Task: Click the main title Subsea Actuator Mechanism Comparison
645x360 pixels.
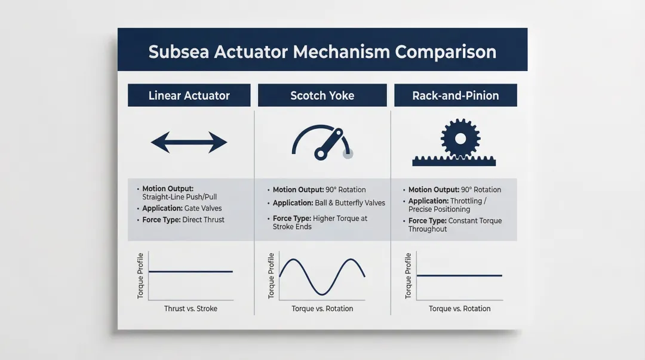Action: pyautogui.click(x=322, y=51)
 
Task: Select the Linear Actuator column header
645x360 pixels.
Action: pyautogui.click(x=189, y=96)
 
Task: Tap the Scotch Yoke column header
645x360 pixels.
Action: pyautogui.click(x=322, y=96)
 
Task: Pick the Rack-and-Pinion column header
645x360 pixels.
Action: pyautogui.click(x=455, y=96)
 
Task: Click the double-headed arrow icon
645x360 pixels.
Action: pyautogui.click(x=189, y=143)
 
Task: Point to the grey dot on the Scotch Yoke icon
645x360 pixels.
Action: pyautogui.click(x=348, y=153)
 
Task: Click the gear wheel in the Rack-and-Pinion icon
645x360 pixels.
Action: pyautogui.click(x=459, y=139)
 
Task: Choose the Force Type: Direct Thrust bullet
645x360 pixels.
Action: pyautogui.click(x=183, y=220)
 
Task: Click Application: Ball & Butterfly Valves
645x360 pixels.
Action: pyautogui.click(x=328, y=203)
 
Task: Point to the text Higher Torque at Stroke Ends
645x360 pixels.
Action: pyautogui.click(x=320, y=223)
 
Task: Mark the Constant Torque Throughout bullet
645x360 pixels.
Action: pyautogui.click(x=454, y=224)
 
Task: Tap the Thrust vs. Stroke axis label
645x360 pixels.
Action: pyautogui.click(x=191, y=309)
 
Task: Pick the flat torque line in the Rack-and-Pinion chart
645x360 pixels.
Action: pyautogui.click(x=459, y=276)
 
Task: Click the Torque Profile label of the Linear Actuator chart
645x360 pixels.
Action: pyautogui.click(x=140, y=276)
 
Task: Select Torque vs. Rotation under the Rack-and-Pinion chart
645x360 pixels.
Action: pyautogui.click(x=459, y=309)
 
